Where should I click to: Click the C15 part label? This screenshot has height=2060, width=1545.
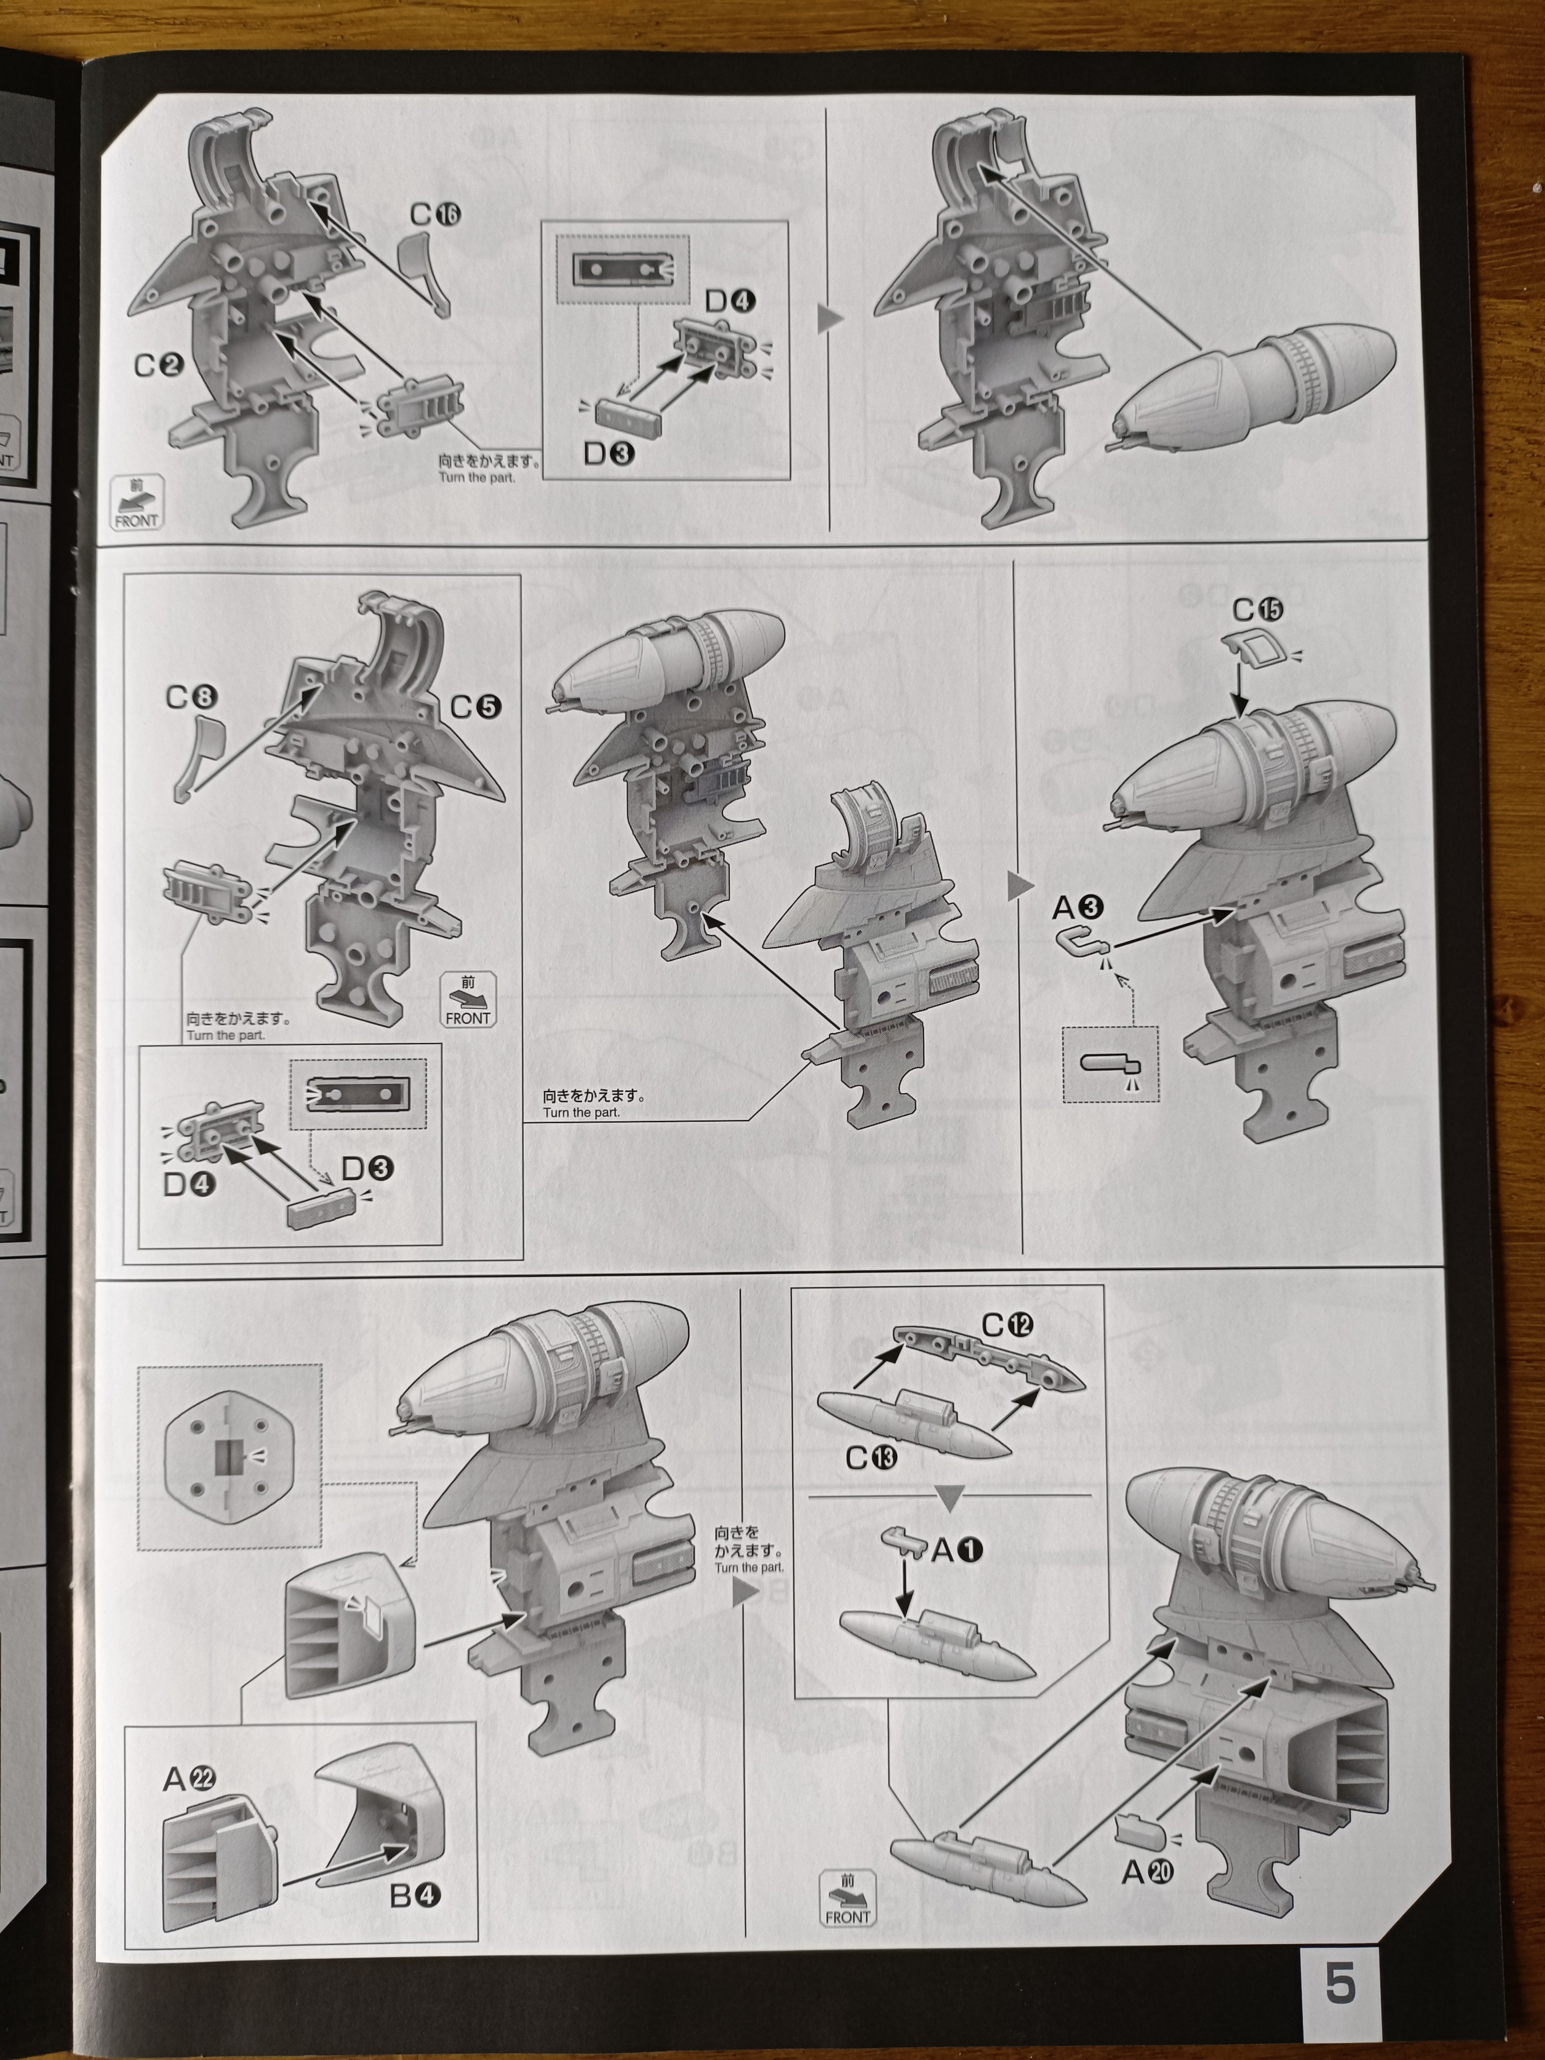(x=1257, y=610)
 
